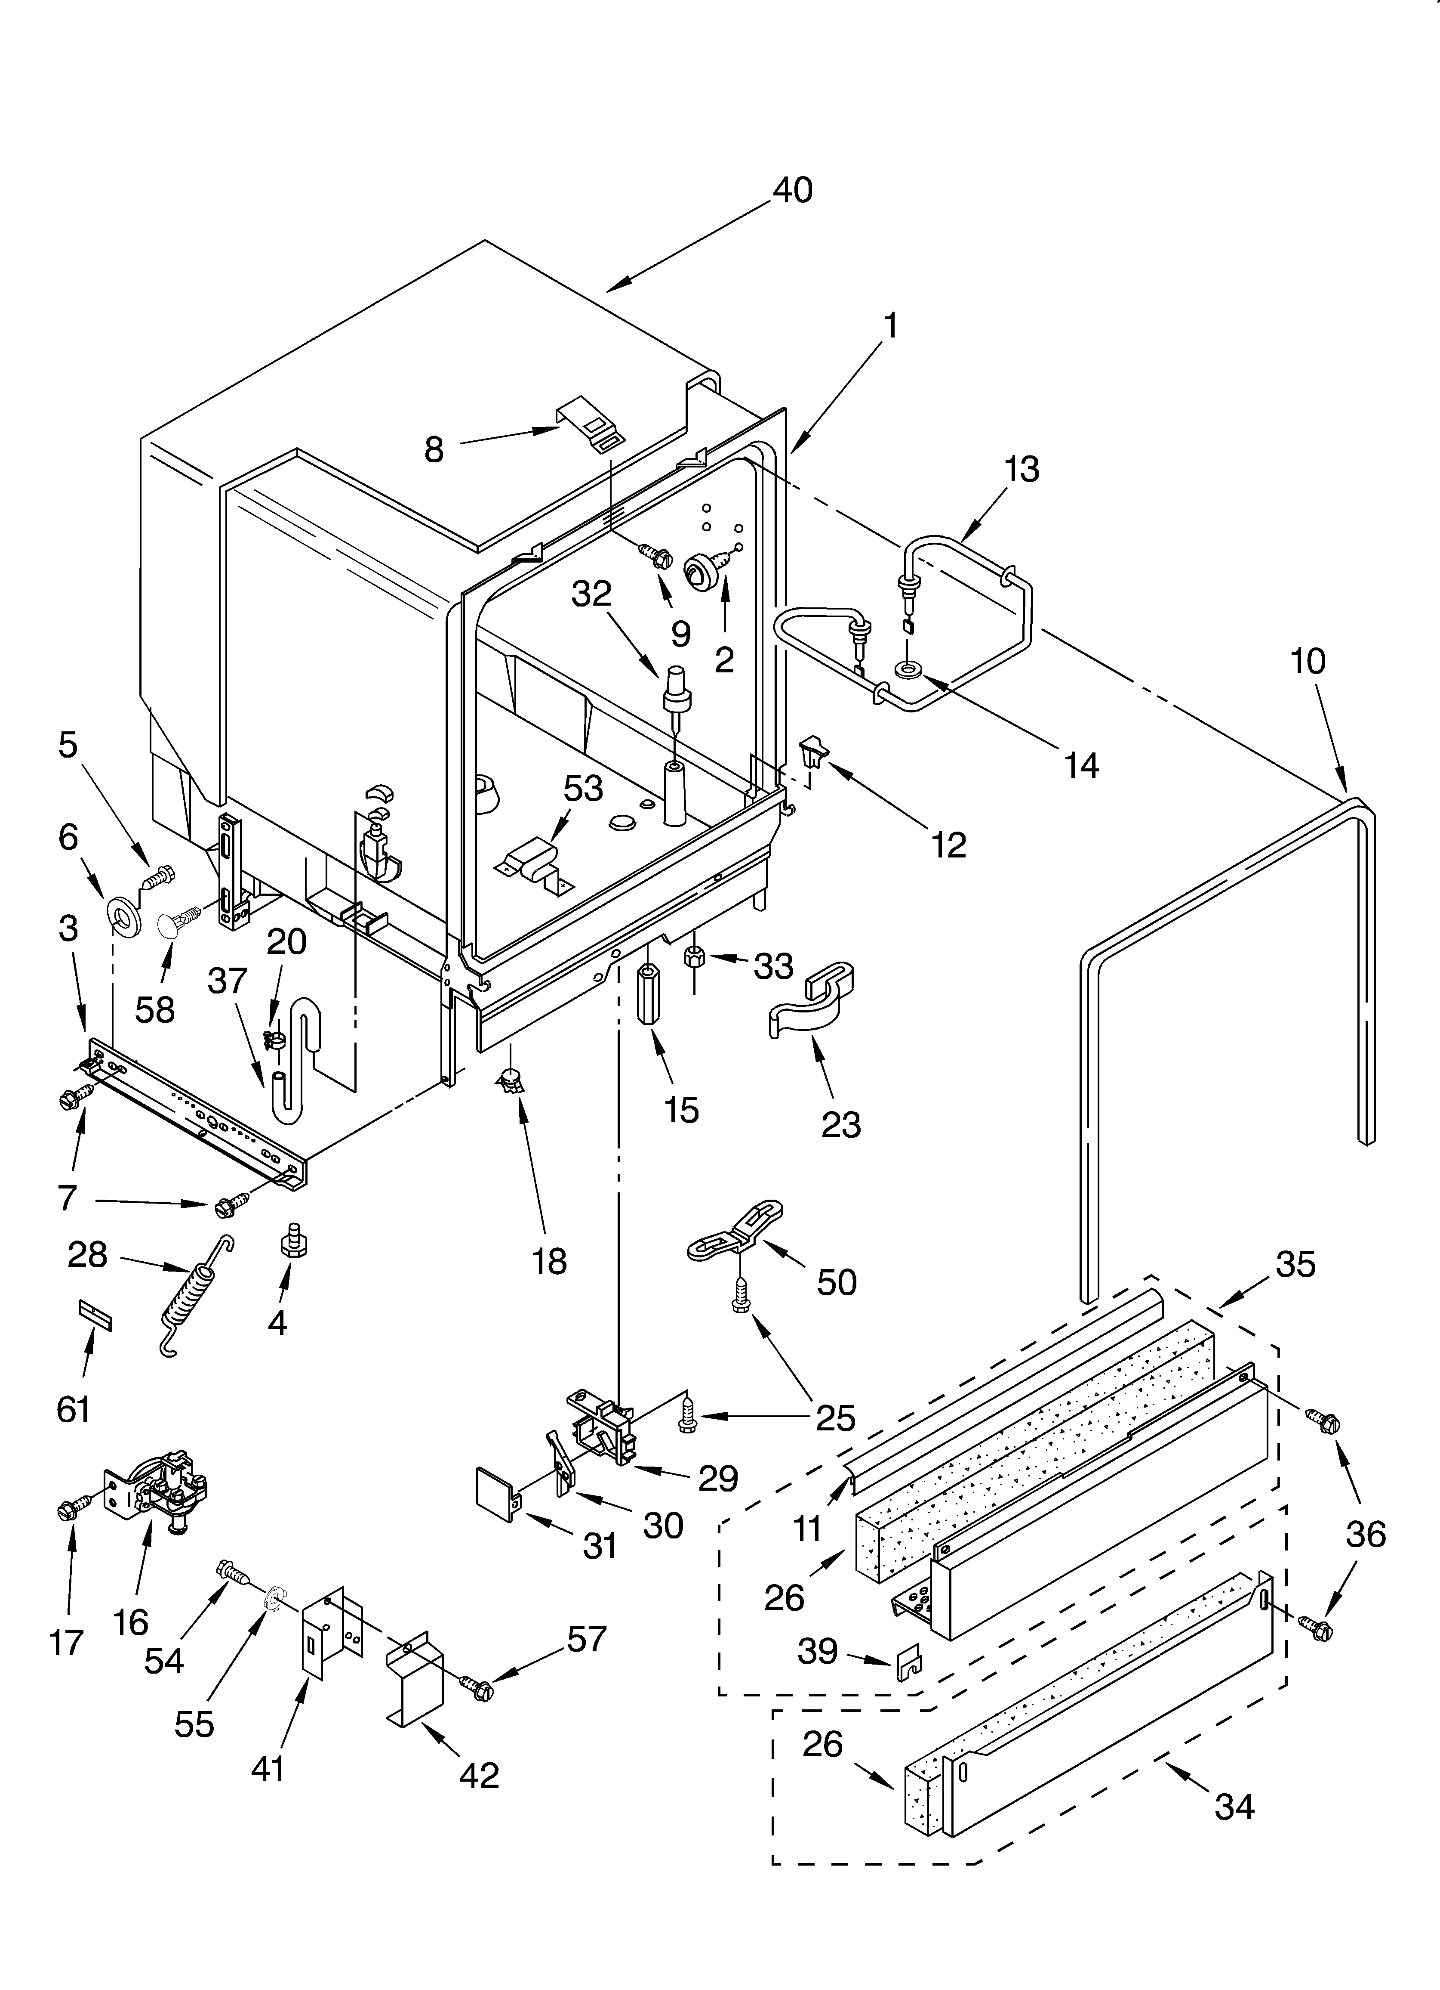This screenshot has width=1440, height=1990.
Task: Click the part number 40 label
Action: pos(793,190)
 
